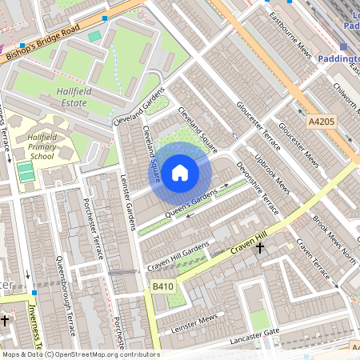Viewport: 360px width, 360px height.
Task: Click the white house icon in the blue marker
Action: click(180, 172)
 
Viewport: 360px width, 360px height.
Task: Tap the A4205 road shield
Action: click(321, 122)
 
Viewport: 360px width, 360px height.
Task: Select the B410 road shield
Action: click(163, 286)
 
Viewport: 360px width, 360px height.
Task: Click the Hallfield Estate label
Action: click(77, 98)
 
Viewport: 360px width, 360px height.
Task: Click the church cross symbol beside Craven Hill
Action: click(259, 249)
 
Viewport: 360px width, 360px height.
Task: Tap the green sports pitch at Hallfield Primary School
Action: click(26, 171)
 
